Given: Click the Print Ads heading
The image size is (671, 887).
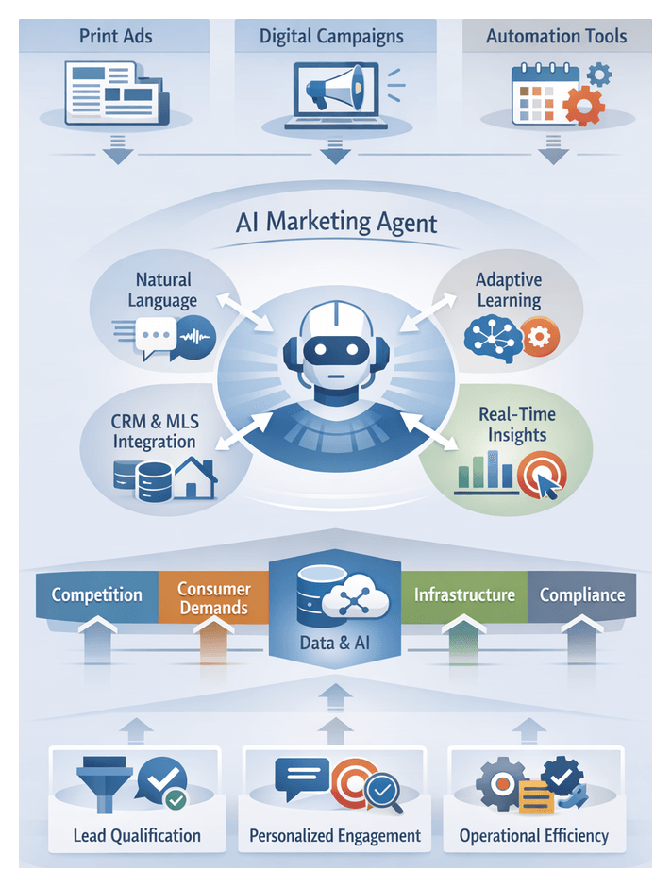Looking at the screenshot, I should [x=117, y=38].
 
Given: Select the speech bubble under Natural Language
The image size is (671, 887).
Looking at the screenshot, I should [x=155, y=336].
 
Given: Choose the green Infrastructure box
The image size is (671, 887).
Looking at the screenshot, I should [x=463, y=594].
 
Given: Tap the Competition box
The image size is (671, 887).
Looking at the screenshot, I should [x=96, y=594].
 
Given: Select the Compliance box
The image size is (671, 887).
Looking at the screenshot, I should [x=582, y=594].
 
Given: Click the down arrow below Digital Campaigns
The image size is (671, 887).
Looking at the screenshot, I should [x=332, y=149].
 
